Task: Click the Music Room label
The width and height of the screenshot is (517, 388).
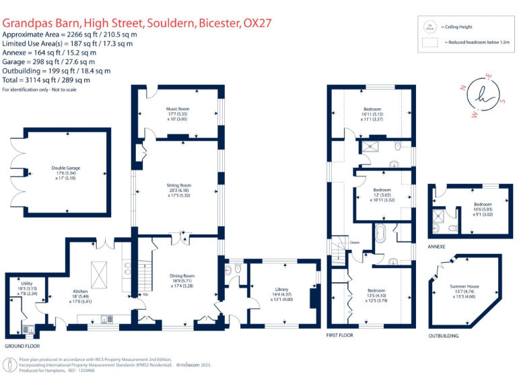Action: pyautogui.click(x=178, y=108)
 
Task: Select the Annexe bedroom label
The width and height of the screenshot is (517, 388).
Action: pyautogui.click(x=482, y=204)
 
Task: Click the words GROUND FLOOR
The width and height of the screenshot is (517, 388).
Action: pyautogui.click(x=20, y=346)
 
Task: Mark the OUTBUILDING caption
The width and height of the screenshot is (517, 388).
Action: pyautogui.click(x=444, y=335)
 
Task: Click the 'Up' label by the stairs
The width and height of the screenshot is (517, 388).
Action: pyautogui.click(x=145, y=294)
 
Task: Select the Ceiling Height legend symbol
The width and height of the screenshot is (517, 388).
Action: pyautogui.click(x=427, y=27)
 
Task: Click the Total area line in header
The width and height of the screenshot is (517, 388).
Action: pyautogui.click(x=54, y=79)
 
